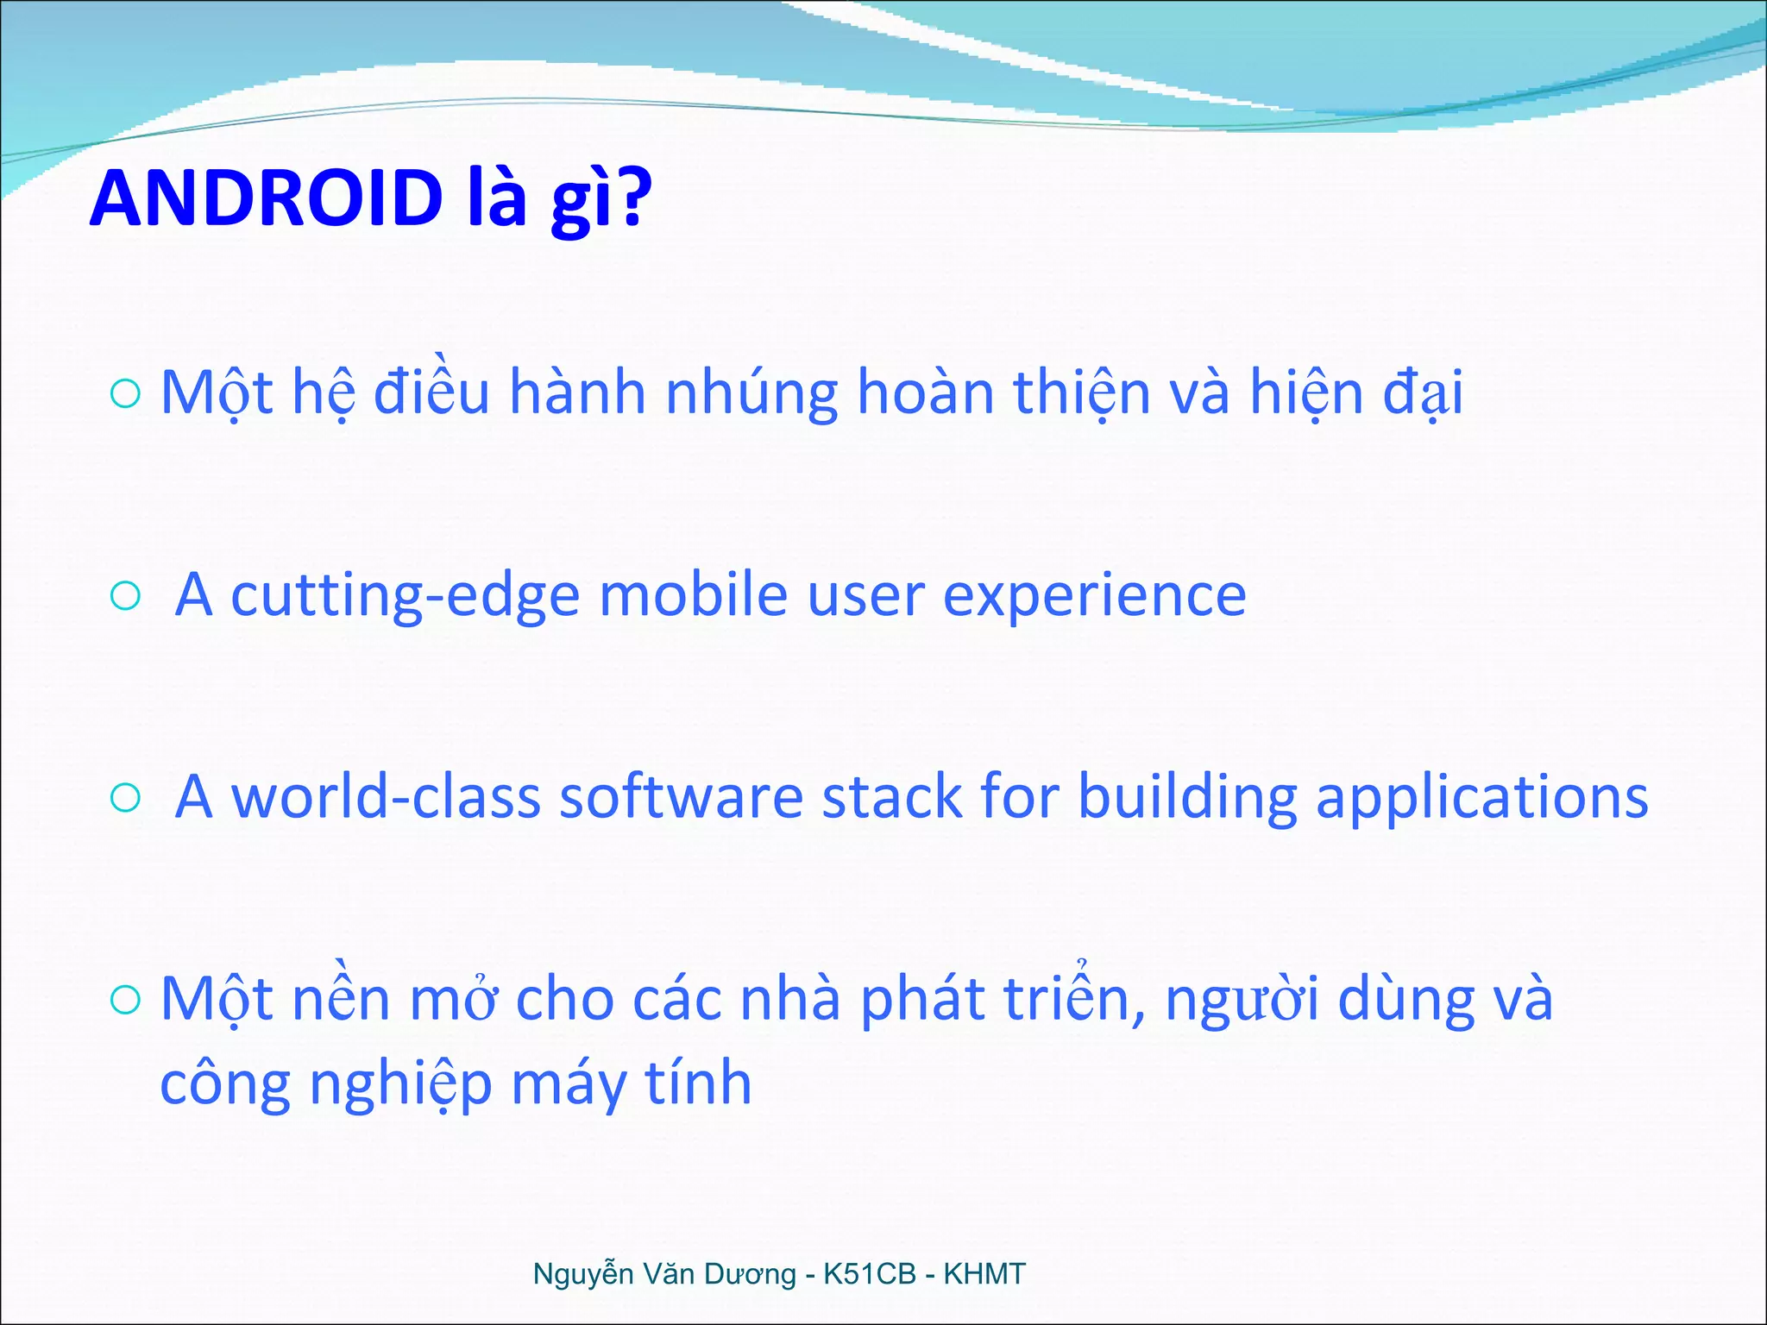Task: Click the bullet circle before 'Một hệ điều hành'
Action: tap(126, 394)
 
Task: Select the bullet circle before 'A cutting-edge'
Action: tap(126, 595)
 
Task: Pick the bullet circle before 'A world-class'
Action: tap(126, 798)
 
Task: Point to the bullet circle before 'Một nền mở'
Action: tap(126, 1001)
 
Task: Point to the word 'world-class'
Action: tap(387, 797)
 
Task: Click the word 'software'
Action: tap(682, 797)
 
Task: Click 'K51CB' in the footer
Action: tap(869, 1274)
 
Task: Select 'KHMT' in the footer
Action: tap(984, 1274)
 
